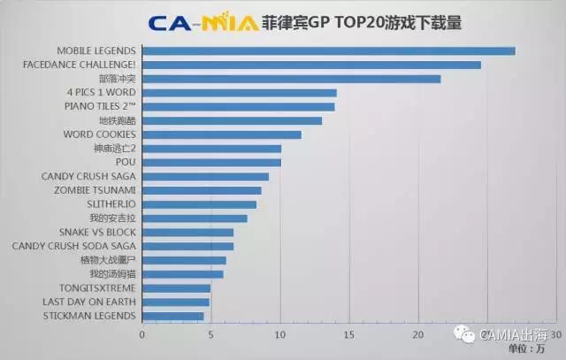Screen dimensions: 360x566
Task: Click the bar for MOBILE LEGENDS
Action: (x=328, y=50)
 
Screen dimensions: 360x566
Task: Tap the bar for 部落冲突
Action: (x=291, y=79)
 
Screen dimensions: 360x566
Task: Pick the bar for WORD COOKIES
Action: (x=221, y=134)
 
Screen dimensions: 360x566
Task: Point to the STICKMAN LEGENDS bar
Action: (x=172, y=315)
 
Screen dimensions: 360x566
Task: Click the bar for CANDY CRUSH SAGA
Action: (x=205, y=176)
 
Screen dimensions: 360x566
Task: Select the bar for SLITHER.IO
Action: (x=199, y=204)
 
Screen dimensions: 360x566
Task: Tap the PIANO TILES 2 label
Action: (x=100, y=106)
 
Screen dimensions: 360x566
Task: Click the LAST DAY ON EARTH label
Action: (x=89, y=302)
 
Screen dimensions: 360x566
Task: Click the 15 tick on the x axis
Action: (x=349, y=334)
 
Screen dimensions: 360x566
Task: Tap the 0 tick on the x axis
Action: (x=141, y=334)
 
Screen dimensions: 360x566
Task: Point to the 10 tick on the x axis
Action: (x=280, y=334)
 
